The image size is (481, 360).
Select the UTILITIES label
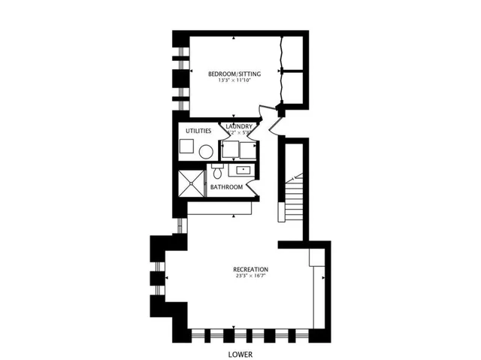(193, 130)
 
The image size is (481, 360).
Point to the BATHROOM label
(226, 187)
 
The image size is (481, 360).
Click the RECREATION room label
(250, 269)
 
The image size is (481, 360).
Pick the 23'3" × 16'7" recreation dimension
(250, 277)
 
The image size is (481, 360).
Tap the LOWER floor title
(240, 353)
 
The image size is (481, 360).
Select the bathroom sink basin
(243, 170)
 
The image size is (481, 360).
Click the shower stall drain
(190, 184)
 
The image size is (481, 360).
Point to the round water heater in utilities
(206, 150)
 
